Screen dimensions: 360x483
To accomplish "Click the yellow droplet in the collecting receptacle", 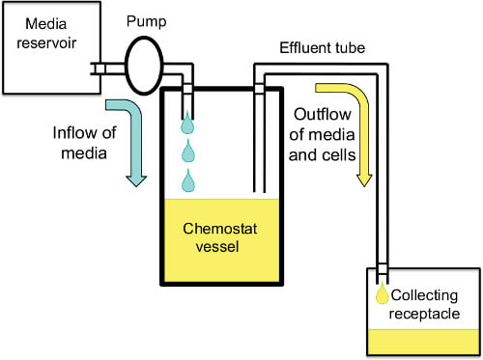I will [x=383, y=292].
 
